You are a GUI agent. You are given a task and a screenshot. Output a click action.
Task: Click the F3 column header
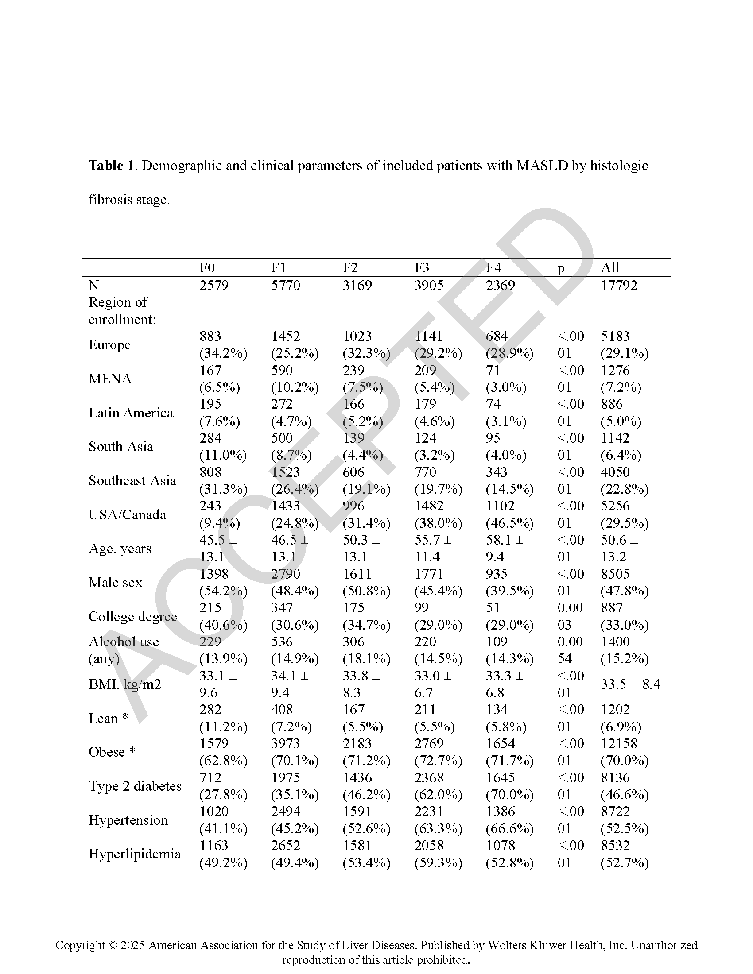422,267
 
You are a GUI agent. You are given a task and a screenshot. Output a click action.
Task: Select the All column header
610,267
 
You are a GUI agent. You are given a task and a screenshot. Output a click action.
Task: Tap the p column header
561,268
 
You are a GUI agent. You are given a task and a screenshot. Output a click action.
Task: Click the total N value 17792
619,285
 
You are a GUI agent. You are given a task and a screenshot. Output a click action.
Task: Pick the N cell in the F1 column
286,285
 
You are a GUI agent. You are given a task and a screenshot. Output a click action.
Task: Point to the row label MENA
110,379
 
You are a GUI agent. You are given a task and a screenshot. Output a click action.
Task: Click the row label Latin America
131,413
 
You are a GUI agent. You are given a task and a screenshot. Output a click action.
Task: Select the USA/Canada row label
127,514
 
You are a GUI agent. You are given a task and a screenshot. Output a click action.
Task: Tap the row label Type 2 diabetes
135,786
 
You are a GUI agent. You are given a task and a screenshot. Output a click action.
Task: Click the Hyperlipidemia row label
134,854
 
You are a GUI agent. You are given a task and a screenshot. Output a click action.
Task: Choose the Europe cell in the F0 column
223,345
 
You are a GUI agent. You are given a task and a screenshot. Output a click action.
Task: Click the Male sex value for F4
509,583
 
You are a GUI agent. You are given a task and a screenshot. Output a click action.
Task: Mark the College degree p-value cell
570,616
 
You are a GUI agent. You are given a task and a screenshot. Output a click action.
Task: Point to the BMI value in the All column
630,684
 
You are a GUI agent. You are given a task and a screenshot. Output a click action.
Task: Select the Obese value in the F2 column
366,752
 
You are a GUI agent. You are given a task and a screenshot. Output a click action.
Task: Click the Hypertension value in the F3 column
438,819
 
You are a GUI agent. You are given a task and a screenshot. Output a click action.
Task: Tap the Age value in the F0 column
218,549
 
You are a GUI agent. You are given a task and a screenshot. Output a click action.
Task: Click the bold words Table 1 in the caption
111,166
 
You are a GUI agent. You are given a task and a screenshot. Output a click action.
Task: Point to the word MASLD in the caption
542,166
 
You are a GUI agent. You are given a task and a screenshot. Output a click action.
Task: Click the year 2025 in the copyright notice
132,945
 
